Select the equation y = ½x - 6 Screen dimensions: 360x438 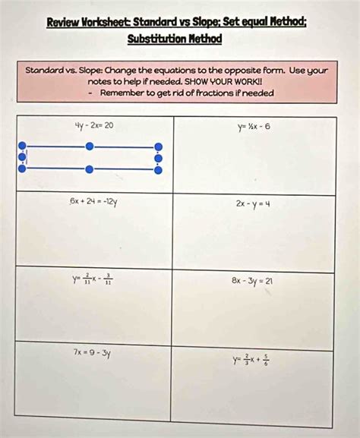click(x=253, y=126)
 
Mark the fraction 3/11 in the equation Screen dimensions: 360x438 click(x=109, y=279)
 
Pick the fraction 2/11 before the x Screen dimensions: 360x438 click(x=89, y=279)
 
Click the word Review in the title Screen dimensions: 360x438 click(x=64, y=22)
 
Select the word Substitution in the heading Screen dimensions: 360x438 click(x=151, y=39)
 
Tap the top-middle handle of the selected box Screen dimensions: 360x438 click(x=90, y=146)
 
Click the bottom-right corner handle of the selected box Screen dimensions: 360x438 click(x=158, y=170)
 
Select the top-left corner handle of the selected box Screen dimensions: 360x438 click(x=22, y=146)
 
